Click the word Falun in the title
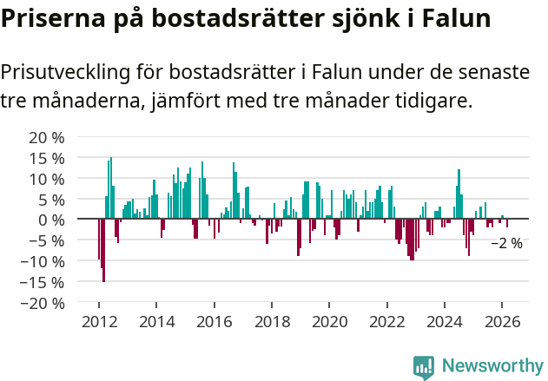point(456,19)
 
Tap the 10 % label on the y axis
point(47,179)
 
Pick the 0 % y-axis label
point(51,220)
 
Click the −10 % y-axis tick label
point(43,261)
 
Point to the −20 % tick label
point(43,303)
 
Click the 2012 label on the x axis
point(99,322)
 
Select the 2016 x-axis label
point(214,322)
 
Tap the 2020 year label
point(329,322)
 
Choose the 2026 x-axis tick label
point(501,322)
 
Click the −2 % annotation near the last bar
point(506,244)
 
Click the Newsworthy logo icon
point(424,367)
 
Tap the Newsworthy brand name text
point(492,366)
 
